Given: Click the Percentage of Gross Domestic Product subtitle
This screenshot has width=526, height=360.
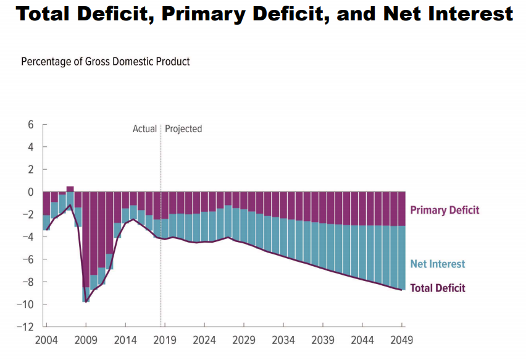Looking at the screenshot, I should [x=105, y=62].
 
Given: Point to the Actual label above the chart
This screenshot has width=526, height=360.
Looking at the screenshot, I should [x=145, y=129].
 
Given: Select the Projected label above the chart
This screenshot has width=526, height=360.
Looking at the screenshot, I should [x=183, y=129].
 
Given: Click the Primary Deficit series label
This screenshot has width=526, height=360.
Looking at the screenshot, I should [x=445, y=210].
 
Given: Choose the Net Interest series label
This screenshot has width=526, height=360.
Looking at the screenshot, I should [x=438, y=264].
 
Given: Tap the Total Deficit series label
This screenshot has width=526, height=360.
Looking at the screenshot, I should [x=438, y=288].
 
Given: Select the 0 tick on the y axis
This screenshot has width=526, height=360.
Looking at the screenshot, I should [x=31, y=192].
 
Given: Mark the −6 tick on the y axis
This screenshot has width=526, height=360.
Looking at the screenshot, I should [x=28, y=259].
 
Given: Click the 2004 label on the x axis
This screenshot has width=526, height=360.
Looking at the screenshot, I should [x=46, y=340].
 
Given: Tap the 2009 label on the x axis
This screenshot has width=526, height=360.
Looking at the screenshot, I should [x=86, y=340].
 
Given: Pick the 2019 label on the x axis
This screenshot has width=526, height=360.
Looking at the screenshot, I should [x=165, y=340].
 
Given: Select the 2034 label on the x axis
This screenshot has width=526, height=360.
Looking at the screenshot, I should [x=283, y=340].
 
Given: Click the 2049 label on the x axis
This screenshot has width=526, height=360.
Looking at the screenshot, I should [x=402, y=340].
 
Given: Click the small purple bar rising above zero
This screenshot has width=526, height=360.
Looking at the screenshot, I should [x=70, y=189].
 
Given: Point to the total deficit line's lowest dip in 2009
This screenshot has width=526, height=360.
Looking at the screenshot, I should [x=86, y=301].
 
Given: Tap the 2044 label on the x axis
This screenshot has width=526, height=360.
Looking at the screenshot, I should [x=362, y=340].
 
